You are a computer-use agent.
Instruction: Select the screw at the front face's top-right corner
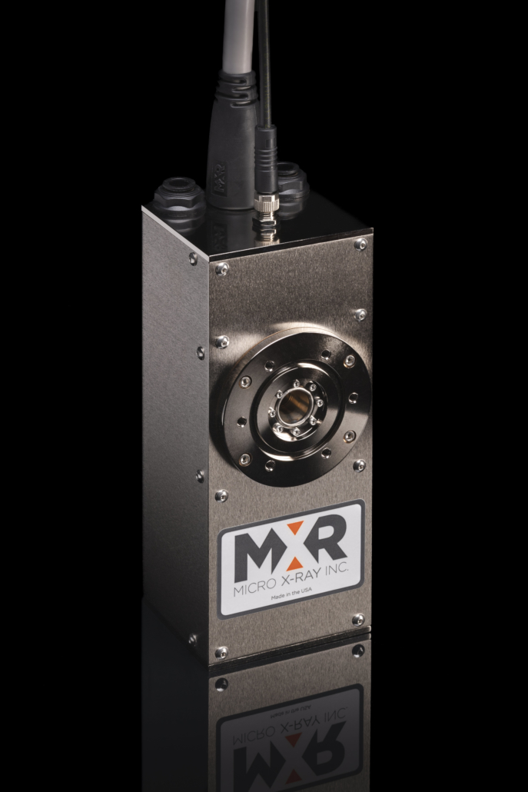(360, 244)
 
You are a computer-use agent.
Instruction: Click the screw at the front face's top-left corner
(222, 268)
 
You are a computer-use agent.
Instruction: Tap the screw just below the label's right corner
(358, 619)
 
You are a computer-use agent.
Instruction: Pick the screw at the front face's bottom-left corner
(221, 652)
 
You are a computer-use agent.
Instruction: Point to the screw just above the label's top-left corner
(221, 495)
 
